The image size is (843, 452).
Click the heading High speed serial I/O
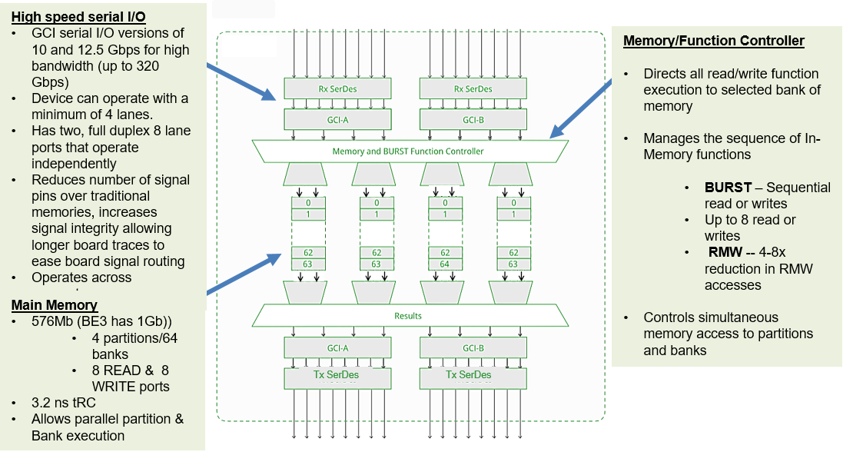point(78,17)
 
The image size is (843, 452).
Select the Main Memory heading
point(55,305)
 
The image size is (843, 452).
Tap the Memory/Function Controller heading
point(713,41)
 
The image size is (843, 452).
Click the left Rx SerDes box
point(337,89)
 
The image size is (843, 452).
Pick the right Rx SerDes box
point(473,89)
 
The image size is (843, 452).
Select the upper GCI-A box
point(337,120)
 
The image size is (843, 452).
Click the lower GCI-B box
point(473,348)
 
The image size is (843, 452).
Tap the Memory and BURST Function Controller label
point(408,151)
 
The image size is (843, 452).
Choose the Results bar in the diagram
point(410,316)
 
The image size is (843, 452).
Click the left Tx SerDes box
point(337,378)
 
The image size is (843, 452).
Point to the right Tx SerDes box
point(473,378)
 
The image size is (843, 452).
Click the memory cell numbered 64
point(445,264)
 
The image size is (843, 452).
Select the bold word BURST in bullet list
point(728,188)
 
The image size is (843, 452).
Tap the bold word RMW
point(725,252)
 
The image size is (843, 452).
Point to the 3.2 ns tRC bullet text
point(64,403)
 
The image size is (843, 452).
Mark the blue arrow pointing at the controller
point(581,108)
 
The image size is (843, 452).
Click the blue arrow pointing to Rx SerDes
point(241,81)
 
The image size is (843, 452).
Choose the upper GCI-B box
point(473,120)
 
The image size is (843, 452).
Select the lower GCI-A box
point(337,348)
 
